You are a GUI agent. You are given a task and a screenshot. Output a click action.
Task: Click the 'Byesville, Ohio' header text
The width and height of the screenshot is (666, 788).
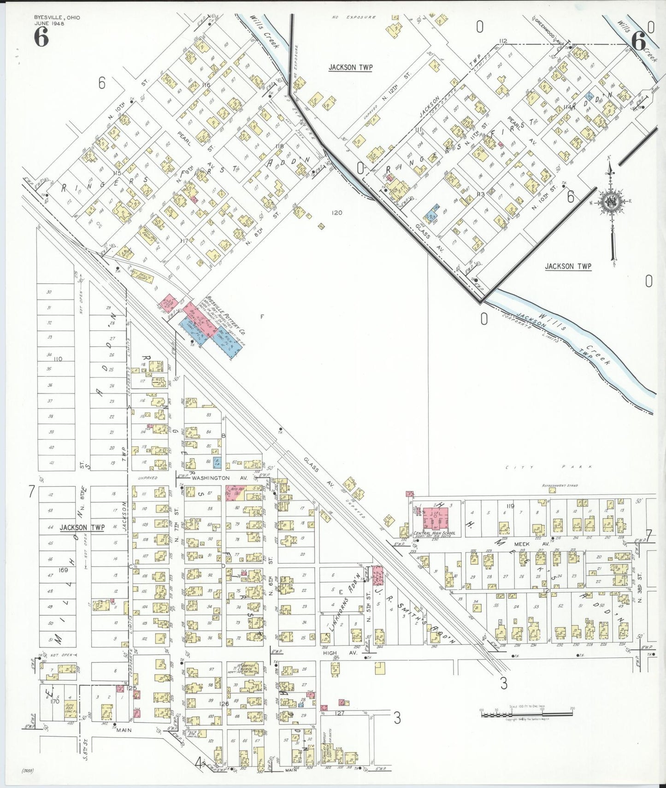(x=57, y=18)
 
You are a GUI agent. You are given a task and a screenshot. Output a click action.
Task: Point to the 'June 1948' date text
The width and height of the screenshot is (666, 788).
(x=49, y=24)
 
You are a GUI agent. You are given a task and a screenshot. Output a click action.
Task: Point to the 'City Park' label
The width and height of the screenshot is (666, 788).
(x=549, y=467)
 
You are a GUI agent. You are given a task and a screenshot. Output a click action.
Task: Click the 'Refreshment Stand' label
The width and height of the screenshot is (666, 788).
(x=560, y=486)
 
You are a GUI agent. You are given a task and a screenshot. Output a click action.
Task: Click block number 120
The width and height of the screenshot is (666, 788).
(x=337, y=212)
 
